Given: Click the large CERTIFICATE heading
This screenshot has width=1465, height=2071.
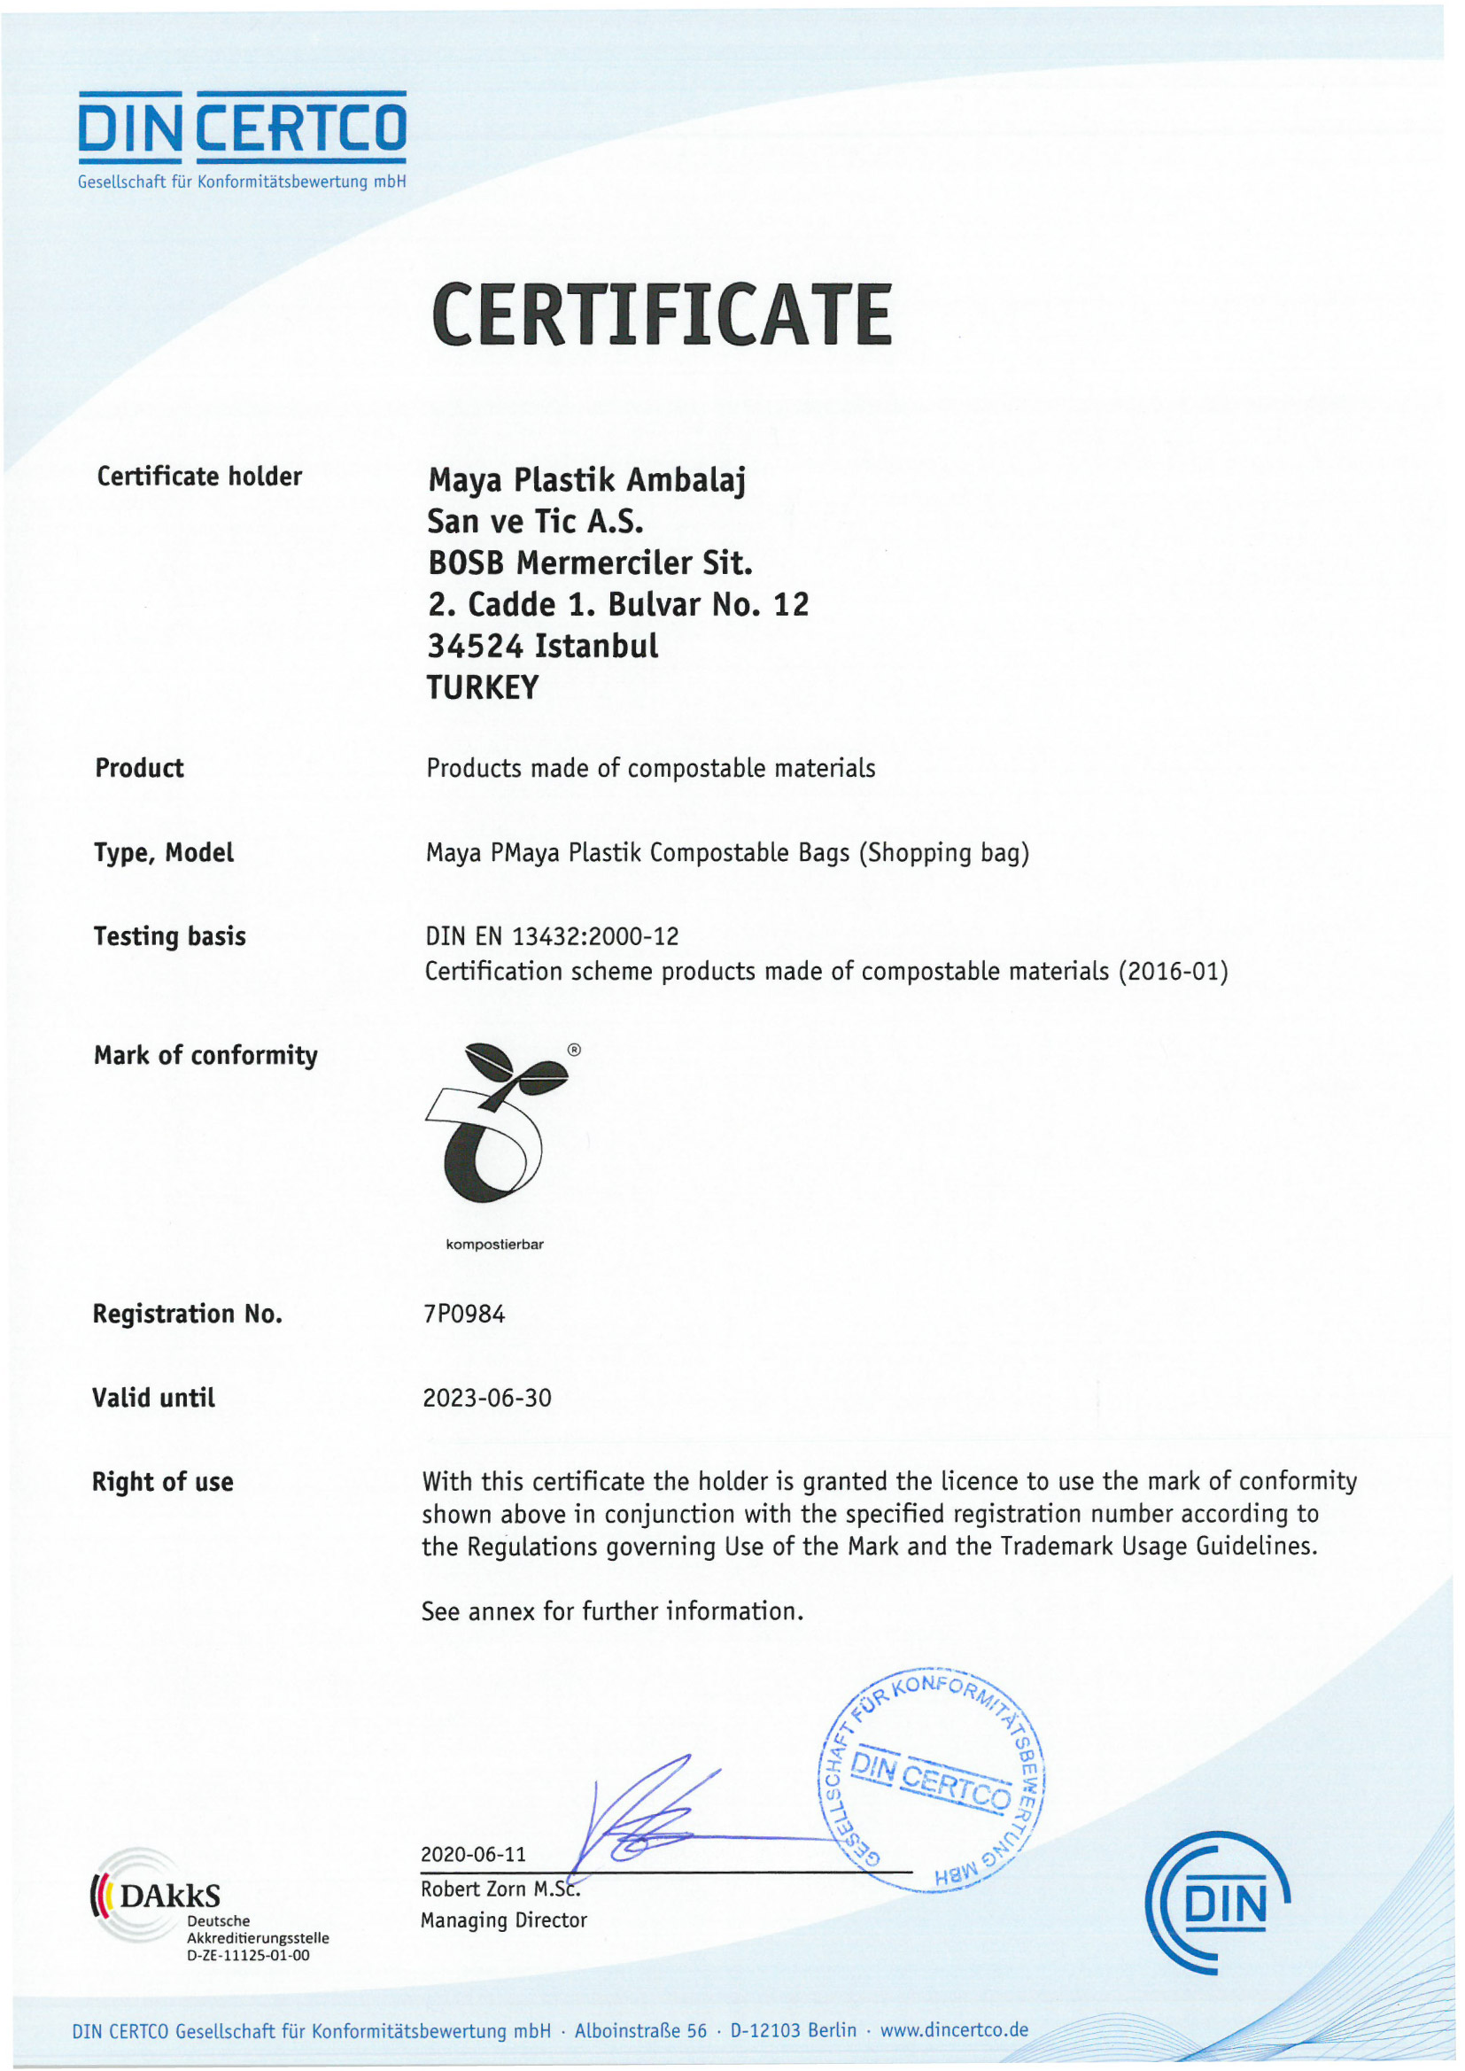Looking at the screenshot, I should tap(662, 314).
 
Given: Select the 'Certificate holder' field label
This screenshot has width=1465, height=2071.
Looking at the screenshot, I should tap(199, 477).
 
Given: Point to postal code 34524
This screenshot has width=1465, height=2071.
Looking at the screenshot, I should tap(475, 646).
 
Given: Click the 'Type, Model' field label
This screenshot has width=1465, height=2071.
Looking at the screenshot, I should tap(164, 852).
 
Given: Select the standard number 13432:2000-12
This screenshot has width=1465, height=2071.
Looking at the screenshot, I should tap(595, 936).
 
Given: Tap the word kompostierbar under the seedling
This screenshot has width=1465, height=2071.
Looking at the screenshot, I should tap(494, 1245).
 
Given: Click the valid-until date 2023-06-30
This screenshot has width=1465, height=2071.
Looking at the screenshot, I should tap(487, 1398).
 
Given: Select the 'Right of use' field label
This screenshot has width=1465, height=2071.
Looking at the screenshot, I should tap(162, 1482).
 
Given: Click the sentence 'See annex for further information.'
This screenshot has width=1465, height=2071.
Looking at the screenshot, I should tap(612, 1611).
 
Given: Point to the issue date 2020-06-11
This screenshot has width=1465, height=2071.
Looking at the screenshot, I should tap(473, 1854).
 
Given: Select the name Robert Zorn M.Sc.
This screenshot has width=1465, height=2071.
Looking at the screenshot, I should tap(500, 1889).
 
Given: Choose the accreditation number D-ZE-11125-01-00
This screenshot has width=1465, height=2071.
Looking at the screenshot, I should tap(247, 1956).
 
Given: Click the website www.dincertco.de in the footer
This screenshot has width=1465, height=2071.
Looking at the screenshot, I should tap(954, 2030).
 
